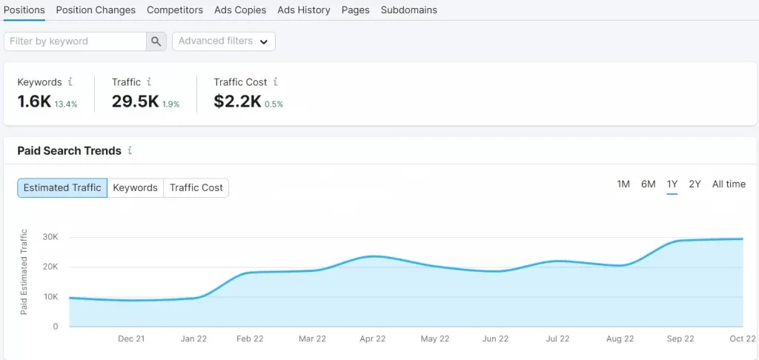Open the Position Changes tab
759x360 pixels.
pos(96,10)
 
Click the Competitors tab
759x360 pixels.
pos(175,10)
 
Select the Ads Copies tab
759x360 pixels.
pos(240,10)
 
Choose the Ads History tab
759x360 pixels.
pos(303,10)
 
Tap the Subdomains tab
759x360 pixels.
pos(408,10)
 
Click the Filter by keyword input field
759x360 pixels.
pos(75,41)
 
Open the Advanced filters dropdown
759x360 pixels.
pos(224,41)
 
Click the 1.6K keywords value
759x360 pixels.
pos(34,101)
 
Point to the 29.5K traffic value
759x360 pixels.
pos(135,101)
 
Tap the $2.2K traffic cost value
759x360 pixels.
pos(237,101)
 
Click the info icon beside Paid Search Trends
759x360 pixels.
pos(130,150)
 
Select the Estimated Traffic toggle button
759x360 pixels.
pos(62,187)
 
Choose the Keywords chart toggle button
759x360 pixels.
pos(135,187)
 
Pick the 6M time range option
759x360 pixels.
pos(648,184)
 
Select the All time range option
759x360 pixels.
pos(729,184)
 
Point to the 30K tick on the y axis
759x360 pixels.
pos(50,237)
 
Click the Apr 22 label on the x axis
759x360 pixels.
pos(373,339)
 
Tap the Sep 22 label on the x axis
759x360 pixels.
pos(680,339)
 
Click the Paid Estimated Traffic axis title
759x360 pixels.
pos(24,272)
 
